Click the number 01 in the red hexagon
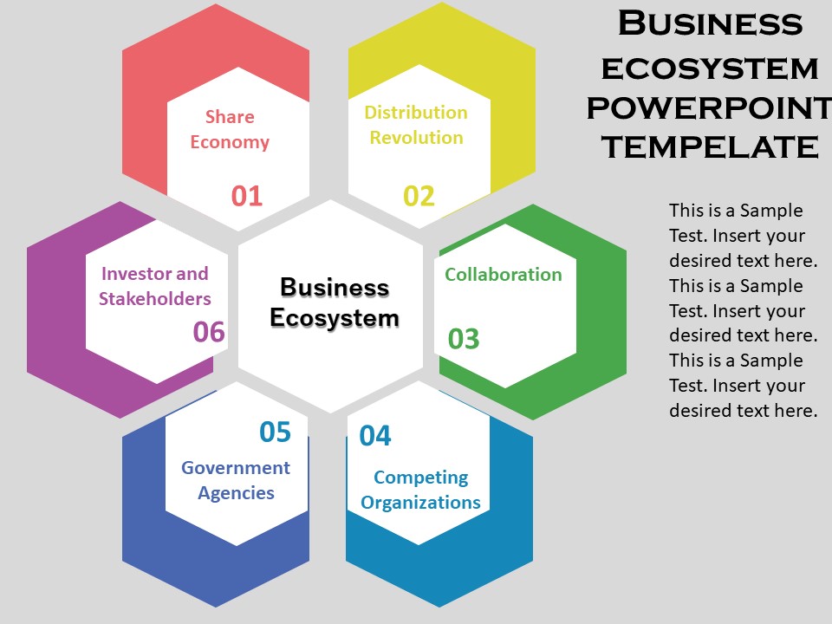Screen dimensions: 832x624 (x=247, y=196)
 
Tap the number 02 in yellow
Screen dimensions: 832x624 (x=419, y=196)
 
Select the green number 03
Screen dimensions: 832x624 (x=464, y=339)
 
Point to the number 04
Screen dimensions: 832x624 (x=375, y=436)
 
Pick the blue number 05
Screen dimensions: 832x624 (x=276, y=432)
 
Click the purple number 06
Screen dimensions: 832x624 (x=209, y=332)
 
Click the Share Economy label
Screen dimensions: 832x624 (x=230, y=129)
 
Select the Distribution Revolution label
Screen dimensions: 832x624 (x=416, y=125)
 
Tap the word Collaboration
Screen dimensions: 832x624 (x=504, y=275)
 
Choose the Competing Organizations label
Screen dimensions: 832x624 (x=421, y=490)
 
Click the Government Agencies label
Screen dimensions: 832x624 (x=236, y=480)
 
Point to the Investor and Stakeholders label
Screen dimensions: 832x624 (x=155, y=286)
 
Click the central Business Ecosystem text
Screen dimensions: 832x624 (x=335, y=302)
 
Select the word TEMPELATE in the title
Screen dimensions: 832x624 (x=710, y=146)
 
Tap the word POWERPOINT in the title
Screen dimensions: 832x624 (x=709, y=107)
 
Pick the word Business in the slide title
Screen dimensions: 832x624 (x=710, y=23)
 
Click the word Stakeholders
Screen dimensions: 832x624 (x=155, y=299)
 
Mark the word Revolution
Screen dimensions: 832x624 (x=416, y=138)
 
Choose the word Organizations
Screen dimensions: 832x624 (x=421, y=503)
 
